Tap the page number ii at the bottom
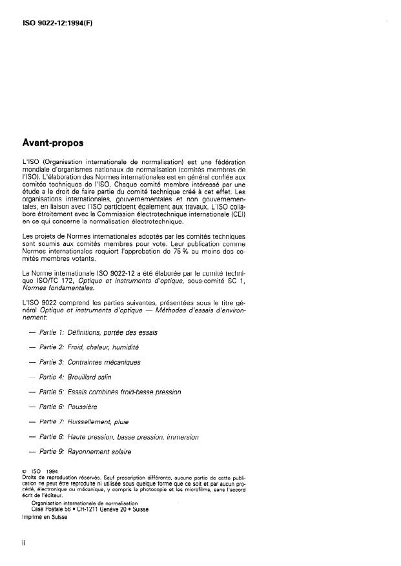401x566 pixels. click(23, 543)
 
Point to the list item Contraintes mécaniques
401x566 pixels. click(103, 362)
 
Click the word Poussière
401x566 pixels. click(83, 407)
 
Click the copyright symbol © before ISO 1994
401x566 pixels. click(25, 470)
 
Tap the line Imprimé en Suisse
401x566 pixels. click(45, 516)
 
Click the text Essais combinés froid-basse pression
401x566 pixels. click(124, 392)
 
